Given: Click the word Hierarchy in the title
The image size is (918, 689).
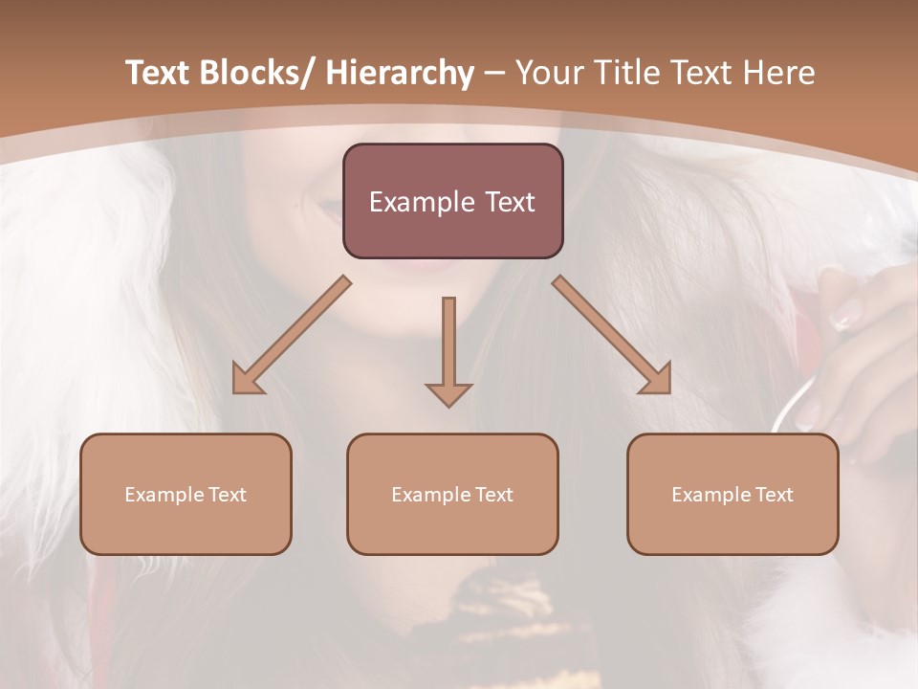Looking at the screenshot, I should pyautogui.click(x=400, y=73).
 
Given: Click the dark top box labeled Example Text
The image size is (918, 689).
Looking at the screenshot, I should pyautogui.click(x=452, y=201).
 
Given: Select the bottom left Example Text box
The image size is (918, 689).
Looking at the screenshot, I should pyautogui.click(x=186, y=494).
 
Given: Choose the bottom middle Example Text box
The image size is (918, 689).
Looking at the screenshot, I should pyautogui.click(x=452, y=494).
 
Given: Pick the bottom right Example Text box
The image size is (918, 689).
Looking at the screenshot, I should pyautogui.click(x=732, y=494).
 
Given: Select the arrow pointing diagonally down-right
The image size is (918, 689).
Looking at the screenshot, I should pyautogui.click(x=612, y=335).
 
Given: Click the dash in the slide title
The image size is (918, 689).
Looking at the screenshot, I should pyautogui.click(x=494, y=74).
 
